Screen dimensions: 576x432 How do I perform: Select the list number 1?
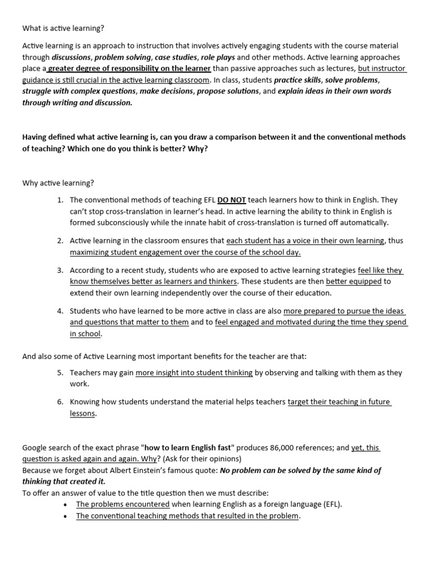pos(60,200)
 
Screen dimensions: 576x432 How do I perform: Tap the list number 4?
pos(60,311)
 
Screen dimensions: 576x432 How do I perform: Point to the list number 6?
pos(60,402)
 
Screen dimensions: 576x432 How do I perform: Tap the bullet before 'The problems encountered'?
pos(67,505)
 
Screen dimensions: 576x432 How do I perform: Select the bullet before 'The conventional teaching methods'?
pos(67,516)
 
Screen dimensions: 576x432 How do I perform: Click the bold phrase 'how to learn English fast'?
pos(187,448)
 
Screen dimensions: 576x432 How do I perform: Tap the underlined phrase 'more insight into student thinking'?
pos(194,372)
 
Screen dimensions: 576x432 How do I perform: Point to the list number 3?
pos(60,271)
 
